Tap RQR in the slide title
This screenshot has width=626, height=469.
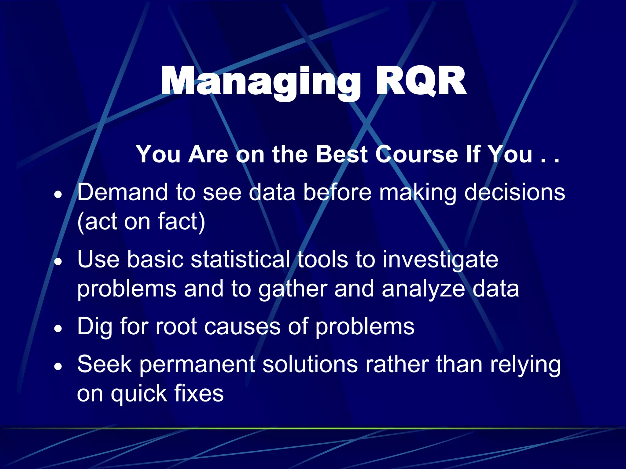(421, 82)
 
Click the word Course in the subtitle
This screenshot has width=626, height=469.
(416, 154)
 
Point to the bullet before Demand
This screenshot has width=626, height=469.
(58, 194)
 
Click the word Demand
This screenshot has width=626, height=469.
(123, 192)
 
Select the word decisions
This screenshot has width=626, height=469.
(514, 192)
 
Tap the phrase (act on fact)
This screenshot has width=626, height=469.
(141, 221)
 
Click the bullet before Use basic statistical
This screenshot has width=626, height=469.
(58, 261)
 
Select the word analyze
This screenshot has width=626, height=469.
(423, 289)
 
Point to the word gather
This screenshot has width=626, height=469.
(293, 289)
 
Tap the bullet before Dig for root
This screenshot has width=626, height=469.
(58, 329)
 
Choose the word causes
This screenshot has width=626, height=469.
(242, 327)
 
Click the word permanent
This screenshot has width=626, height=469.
(197, 364)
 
